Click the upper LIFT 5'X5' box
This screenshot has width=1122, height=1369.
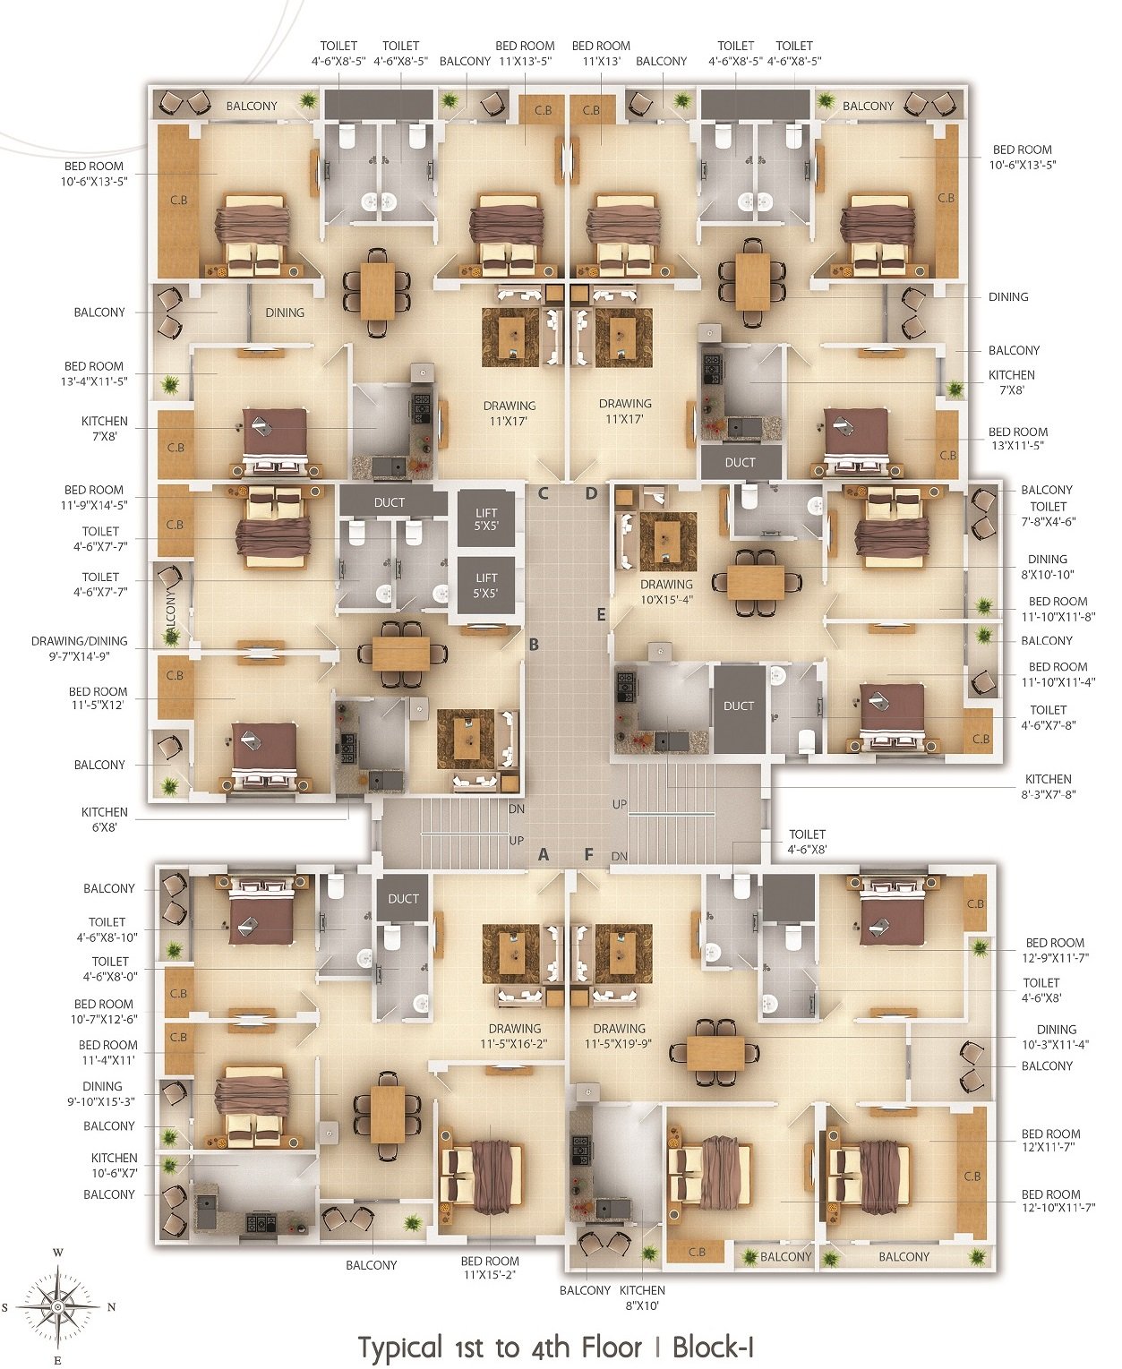486,520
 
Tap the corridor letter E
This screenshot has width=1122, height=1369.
601,614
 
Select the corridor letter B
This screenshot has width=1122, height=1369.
535,645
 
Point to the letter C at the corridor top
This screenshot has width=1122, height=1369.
543,494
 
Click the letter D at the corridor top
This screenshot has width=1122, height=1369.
591,494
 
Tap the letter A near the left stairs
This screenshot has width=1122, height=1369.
544,855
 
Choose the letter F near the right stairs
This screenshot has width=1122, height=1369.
589,855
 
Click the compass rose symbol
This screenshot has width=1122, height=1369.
58,1306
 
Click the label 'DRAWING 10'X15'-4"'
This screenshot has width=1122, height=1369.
666,592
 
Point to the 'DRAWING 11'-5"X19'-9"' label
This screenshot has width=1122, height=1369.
619,1036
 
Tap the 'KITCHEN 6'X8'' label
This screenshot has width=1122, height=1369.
104,819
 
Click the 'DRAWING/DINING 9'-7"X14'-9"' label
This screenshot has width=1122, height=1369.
79,648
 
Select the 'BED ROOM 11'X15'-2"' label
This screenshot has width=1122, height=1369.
490,1267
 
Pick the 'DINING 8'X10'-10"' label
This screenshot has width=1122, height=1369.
1047,567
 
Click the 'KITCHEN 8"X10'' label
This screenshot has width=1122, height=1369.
642,1297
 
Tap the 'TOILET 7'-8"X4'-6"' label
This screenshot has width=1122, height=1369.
1048,513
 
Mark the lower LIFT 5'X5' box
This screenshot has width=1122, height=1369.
486,585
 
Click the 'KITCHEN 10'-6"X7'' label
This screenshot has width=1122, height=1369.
115,1165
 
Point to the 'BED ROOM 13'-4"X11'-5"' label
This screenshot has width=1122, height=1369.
93,373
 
